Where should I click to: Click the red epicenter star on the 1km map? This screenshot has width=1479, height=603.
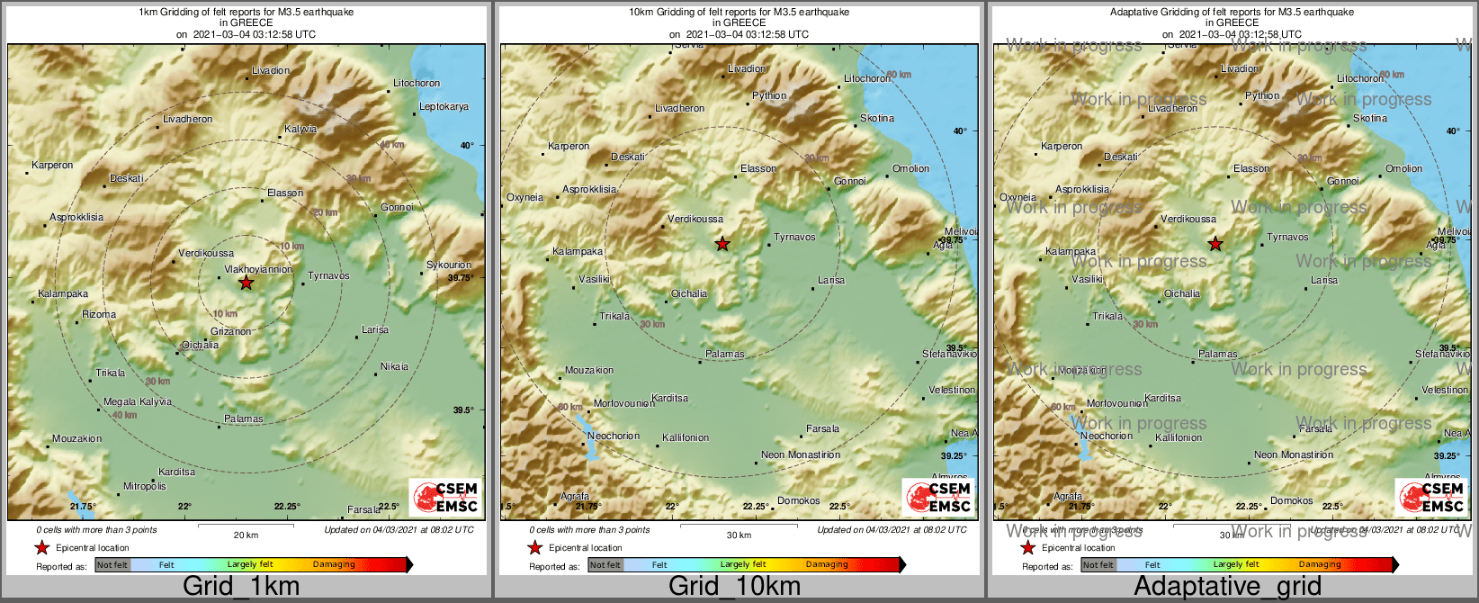pyautogui.click(x=246, y=283)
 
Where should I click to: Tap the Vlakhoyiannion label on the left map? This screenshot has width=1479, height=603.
pyautogui.click(x=257, y=269)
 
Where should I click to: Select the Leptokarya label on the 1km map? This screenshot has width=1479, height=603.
pyautogui.click(x=444, y=107)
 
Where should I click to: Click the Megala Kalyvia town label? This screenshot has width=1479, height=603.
pyautogui.click(x=138, y=401)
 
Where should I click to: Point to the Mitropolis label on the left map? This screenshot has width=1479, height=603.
pyautogui.click(x=145, y=486)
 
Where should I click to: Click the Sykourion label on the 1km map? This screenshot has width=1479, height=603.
pyautogui.click(x=449, y=265)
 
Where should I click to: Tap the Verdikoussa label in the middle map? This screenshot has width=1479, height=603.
pyautogui.click(x=695, y=219)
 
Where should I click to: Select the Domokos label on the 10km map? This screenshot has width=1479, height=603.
pyautogui.click(x=798, y=500)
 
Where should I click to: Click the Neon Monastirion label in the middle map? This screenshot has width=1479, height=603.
pyautogui.click(x=801, y=454)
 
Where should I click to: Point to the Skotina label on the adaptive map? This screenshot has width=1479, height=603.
pyautogui.click(x=1370, y=118)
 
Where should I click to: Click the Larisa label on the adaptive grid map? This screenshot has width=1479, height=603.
pyautogui.click(x=1324, y=280)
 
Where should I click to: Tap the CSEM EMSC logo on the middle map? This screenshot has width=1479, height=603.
pyautogui.click(x=938, y=497)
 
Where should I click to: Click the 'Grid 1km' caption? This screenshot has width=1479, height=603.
pyautogui.click(x=241, y=587)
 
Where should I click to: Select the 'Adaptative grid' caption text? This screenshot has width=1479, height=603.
pyautogui.click(x=1227, y=587)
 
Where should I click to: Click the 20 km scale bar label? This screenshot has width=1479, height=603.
pyautogui.click(x=246, y=535)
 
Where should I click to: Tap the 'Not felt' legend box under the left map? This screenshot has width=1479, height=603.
pyautogui.click(x=112, y=564)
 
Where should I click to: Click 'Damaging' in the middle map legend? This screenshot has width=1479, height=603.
pyautogui.click(x=827, y=564)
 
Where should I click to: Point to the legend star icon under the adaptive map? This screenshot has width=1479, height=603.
pyautogui.click(x=1027, y=547)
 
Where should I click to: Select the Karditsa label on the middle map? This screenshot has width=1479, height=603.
pyautogui.click(x=669, y=398)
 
